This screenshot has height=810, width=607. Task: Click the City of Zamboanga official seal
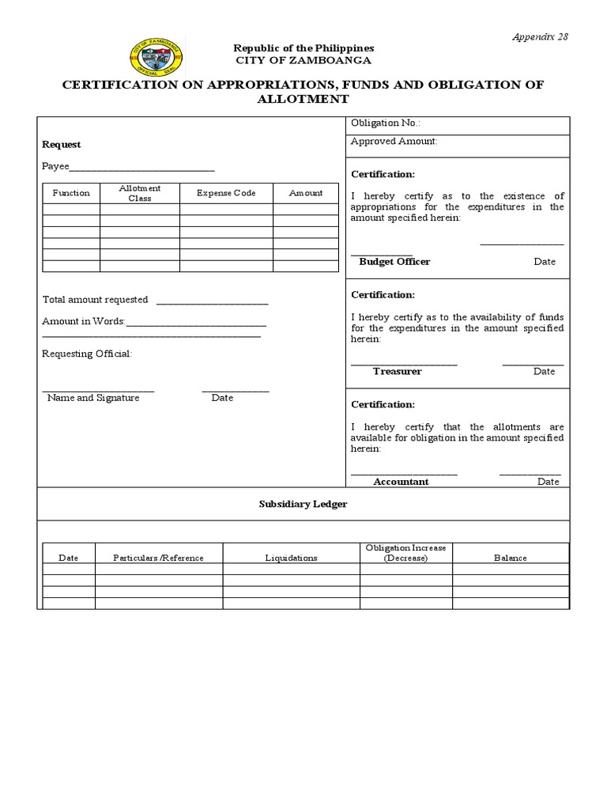(155, 57)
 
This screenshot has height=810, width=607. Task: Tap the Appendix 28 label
(541, 36)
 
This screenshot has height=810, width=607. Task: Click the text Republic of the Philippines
(303, 48)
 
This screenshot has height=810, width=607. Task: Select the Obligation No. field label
(386, 123)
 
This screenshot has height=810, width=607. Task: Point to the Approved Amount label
(394, 142)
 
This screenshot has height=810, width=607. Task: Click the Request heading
(61, 145)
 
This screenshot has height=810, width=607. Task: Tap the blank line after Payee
(142, 168)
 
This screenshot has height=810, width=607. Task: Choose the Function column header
(71, 193)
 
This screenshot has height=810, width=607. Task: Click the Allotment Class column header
(140, 193)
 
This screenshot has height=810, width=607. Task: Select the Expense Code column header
(226, 193)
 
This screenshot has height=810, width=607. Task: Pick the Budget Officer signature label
(394, 262)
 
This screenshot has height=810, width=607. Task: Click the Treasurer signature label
(398, 371)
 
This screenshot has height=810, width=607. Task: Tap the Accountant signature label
(401, 482)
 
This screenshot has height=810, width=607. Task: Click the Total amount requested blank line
(212, 301)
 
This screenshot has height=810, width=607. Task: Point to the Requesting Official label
(87, 354)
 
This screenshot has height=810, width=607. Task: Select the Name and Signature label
(93, 398)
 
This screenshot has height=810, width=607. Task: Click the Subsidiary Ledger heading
(303, 504)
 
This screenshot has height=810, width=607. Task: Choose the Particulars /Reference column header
(159, 558)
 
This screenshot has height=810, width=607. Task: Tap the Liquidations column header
(291, 558)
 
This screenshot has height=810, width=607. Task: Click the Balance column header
(510, 558)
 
